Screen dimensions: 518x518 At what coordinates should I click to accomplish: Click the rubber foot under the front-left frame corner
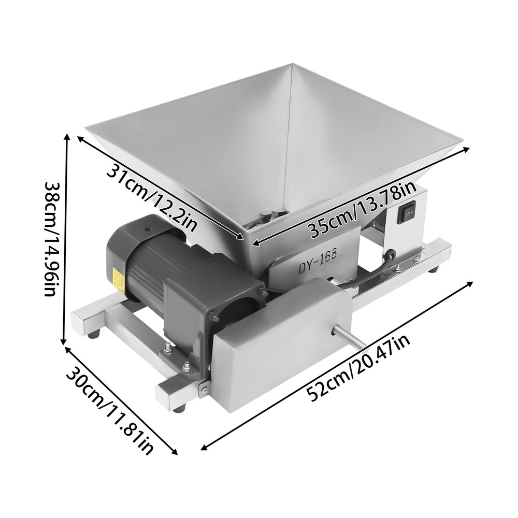pos(179,408)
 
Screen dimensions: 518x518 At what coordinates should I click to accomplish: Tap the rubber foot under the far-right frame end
pos(434,269)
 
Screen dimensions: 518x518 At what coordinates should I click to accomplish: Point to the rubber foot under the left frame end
pos(93,335)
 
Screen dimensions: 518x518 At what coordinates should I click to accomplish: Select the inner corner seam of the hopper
pos(286,145)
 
